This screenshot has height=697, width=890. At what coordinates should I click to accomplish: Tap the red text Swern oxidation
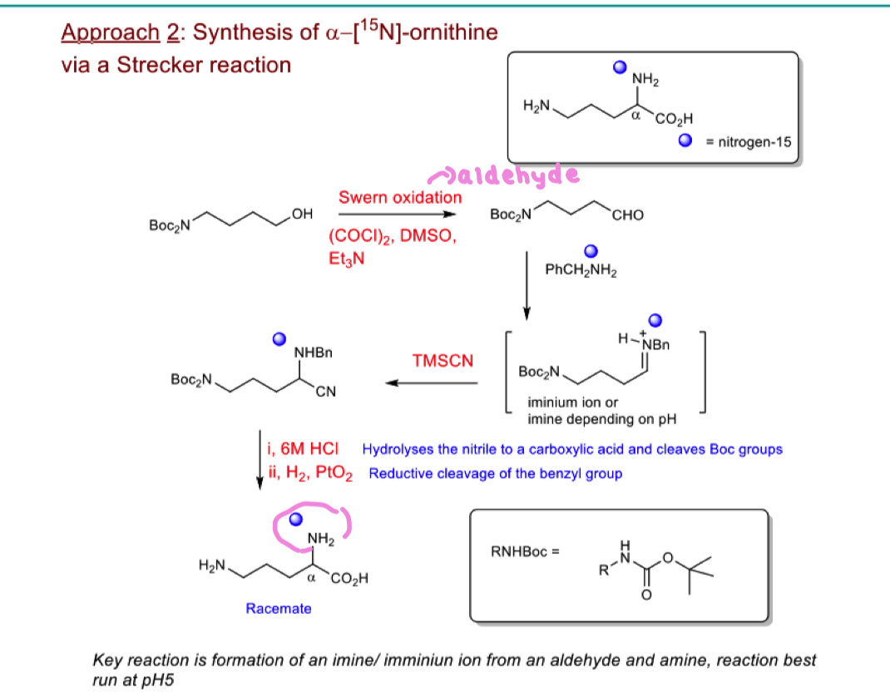click(399, 198)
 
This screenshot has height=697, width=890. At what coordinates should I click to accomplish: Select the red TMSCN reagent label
click(443, 361)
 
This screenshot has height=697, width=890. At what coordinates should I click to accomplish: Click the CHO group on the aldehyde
click(627, 215)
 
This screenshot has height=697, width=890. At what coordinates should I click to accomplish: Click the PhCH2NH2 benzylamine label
click(581, 269)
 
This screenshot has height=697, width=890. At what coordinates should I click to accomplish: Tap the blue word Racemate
click(279, 609)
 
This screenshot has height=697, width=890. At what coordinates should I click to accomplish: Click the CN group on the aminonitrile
click(326, 393)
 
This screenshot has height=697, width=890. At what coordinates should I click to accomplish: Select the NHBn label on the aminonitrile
click(313, 353)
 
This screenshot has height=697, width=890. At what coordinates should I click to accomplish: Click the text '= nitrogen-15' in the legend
click(749, 142)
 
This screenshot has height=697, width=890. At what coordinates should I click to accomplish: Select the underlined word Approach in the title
click(110, 32)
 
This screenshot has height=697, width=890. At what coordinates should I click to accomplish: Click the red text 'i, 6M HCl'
click(303, 449)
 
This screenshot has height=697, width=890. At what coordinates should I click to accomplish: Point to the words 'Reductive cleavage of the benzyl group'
click(495, 474)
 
